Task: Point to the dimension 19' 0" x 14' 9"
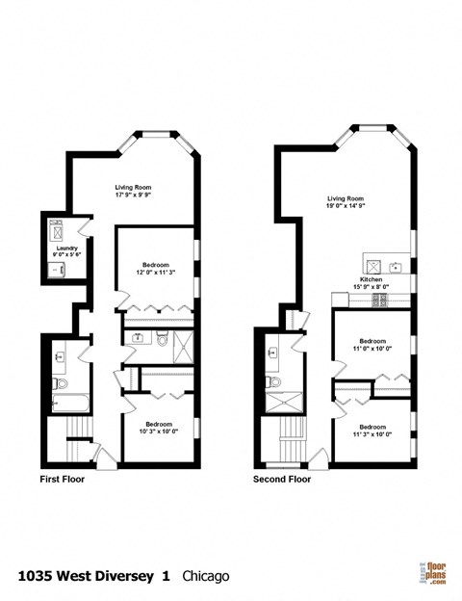[347, 204]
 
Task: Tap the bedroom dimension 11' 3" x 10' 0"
[372, 434]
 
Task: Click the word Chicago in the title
[203, 576]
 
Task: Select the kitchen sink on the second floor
[394, 266]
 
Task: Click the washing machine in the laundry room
[54, 232]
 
